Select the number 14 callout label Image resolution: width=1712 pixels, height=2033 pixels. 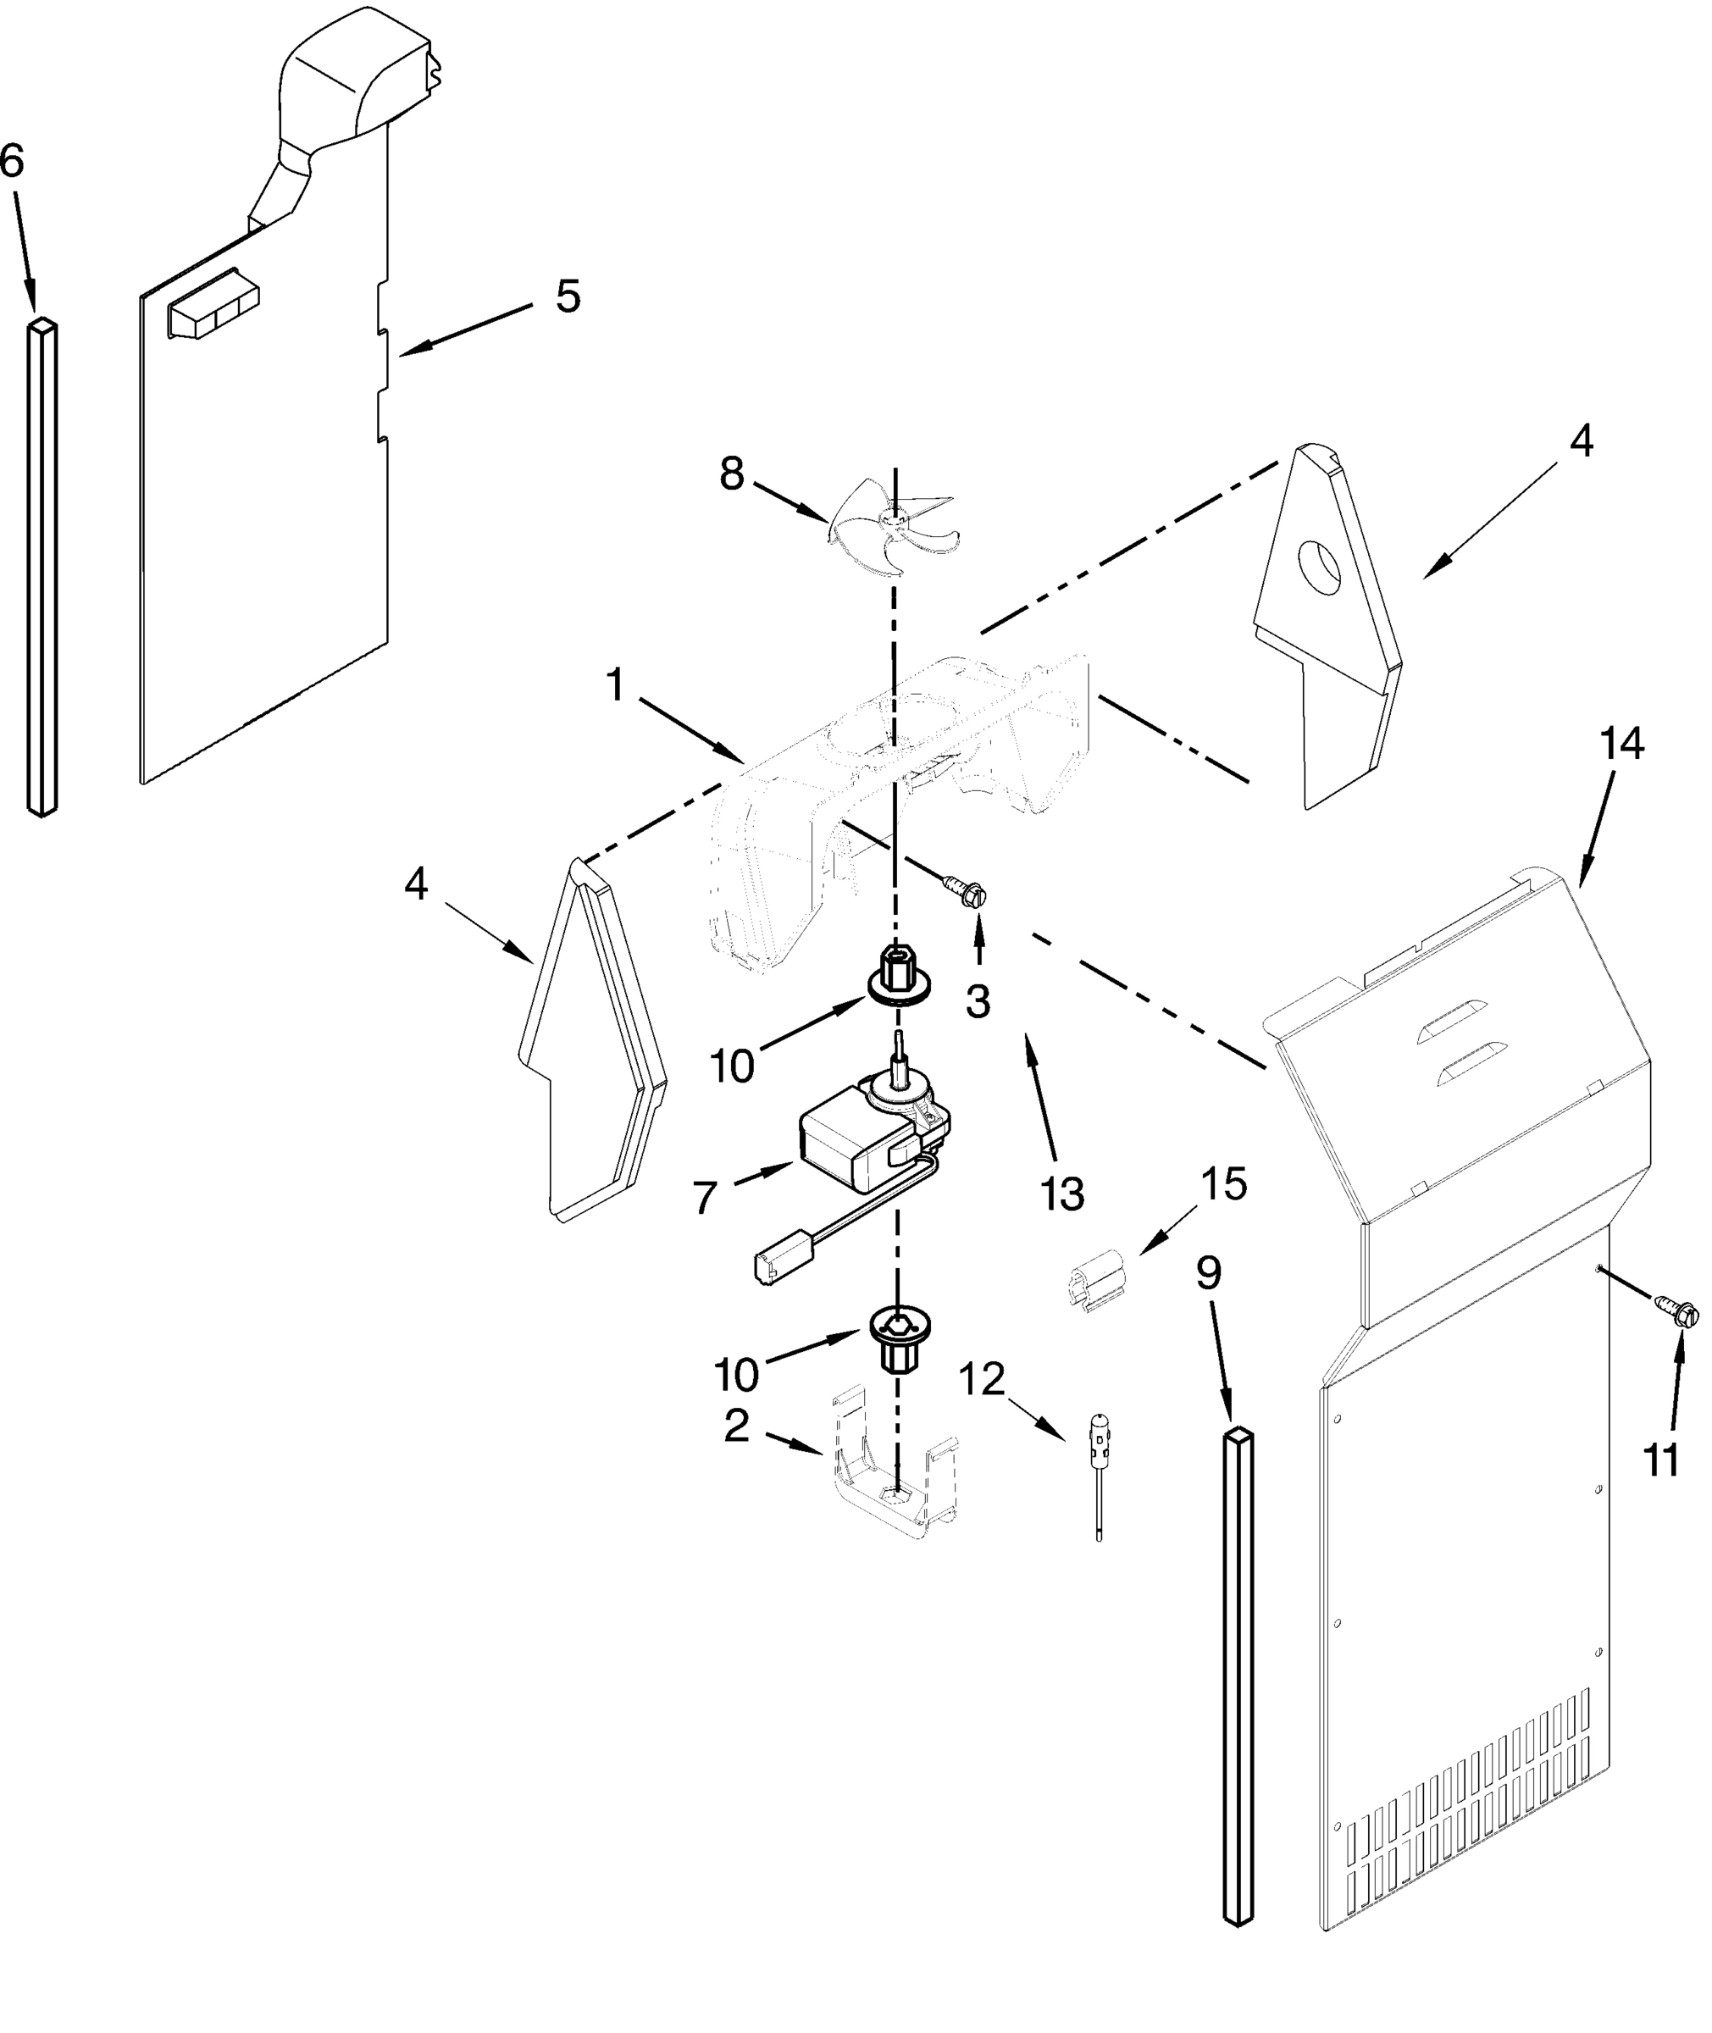pyautogui.click(x=1621, y=745)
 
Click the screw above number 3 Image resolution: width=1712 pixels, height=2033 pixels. pyautogui.click(x=963, y=887)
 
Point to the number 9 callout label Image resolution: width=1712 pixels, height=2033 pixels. pyautogui.click(x=1207, y=1271)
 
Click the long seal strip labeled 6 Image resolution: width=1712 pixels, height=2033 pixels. pyautogui.click(x=42, y=568)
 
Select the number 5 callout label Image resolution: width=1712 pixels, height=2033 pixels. pyautogui.click(x=568, y=296)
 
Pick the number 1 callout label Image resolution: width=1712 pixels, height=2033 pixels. pyautogui.click(x=615, y=685)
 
